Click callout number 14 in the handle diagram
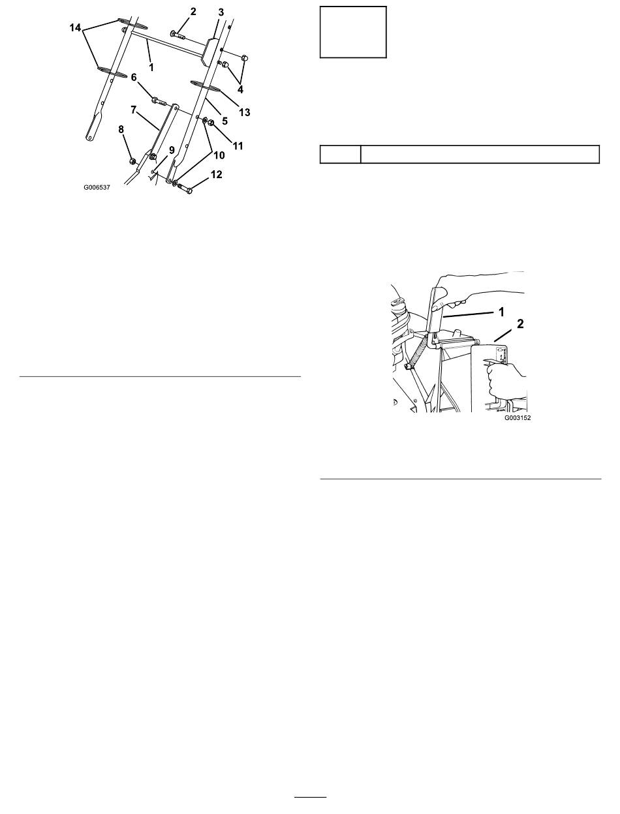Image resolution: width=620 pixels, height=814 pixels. tap(75, 28)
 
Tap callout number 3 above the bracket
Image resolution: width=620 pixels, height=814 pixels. tap(221, 12)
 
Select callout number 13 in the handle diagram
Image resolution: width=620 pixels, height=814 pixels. tap(245, 112)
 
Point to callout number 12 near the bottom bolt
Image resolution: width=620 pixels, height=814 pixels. tap(216, 174)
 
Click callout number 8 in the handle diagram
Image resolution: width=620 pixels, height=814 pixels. tap(121, 129)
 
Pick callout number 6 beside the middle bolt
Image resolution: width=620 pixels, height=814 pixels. tap(134, 78)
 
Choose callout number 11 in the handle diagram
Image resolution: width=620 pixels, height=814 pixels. tap(238, 145)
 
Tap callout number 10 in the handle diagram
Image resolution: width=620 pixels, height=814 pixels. tap(219, 155)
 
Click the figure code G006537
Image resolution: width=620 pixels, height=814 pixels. tap(97, 188)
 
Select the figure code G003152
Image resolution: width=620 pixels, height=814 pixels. tap(518, 418)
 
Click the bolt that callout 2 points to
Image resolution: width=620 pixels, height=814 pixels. tap(178, 35)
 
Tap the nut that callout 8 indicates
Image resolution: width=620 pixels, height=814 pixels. tap(132, 161)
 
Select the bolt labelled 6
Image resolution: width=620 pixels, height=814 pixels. tap(159, 101)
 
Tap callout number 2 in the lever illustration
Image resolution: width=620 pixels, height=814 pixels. tap(520, 324)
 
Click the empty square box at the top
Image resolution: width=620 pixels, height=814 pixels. tap(353, 32)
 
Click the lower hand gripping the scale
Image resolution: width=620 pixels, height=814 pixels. tap(506, 380)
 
